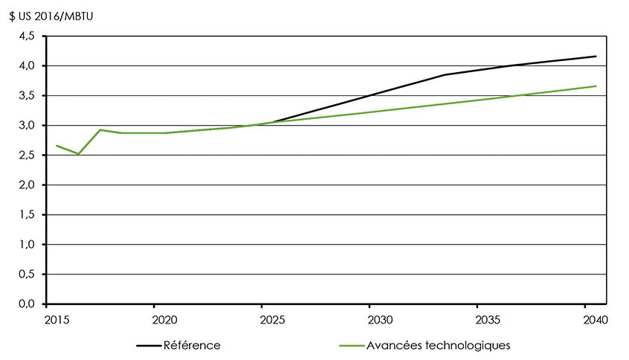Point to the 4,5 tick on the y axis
pos(27,36)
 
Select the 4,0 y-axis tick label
pos(27,65)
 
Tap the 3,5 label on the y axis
pos(27,95)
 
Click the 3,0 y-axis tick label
pos(27,125)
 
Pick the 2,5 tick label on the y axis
pos(27,155)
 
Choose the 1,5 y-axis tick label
pos(27,214)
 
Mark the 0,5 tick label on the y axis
pos(27,274)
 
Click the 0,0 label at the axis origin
pos(27,303)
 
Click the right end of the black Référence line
pos(596,57)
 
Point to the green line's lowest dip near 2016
pos(78,154)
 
